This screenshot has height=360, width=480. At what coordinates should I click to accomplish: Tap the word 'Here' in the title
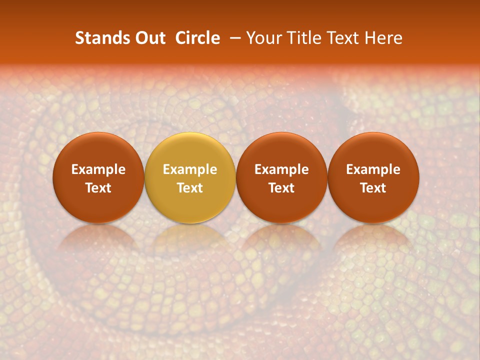pyautogui.click(x=384, y=38)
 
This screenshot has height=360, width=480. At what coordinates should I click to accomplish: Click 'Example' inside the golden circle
pyautogui.click(x=190, y=169)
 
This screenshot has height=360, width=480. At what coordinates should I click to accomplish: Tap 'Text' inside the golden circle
pyautogui.click(x=190, y=188)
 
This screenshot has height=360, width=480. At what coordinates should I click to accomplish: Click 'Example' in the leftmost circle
pyautogui.click(x=98, y=169)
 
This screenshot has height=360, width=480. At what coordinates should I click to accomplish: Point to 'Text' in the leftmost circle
pyautogui.click(x=98, y=188)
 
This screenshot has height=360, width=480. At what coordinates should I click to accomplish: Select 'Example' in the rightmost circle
pyautogui.click(x=373, y=169)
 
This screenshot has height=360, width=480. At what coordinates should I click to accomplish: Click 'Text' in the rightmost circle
pyautogui.click(x=373, y=188)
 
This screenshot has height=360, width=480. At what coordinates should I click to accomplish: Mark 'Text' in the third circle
pyautogui.click(x=281, y=188)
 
